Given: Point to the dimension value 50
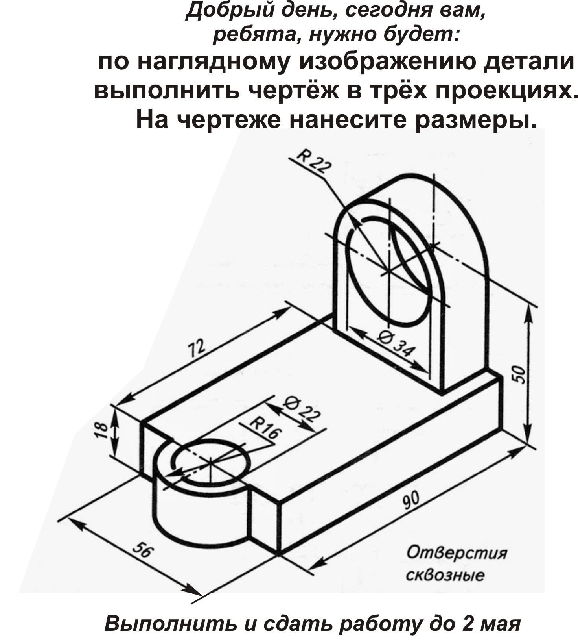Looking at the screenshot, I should pos(520,374).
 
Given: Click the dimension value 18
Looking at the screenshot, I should pos(101,431).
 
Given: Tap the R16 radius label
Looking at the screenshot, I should pos(266,428).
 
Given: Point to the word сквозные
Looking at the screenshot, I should pos(445,576).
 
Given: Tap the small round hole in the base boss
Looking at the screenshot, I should pos(211,461).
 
